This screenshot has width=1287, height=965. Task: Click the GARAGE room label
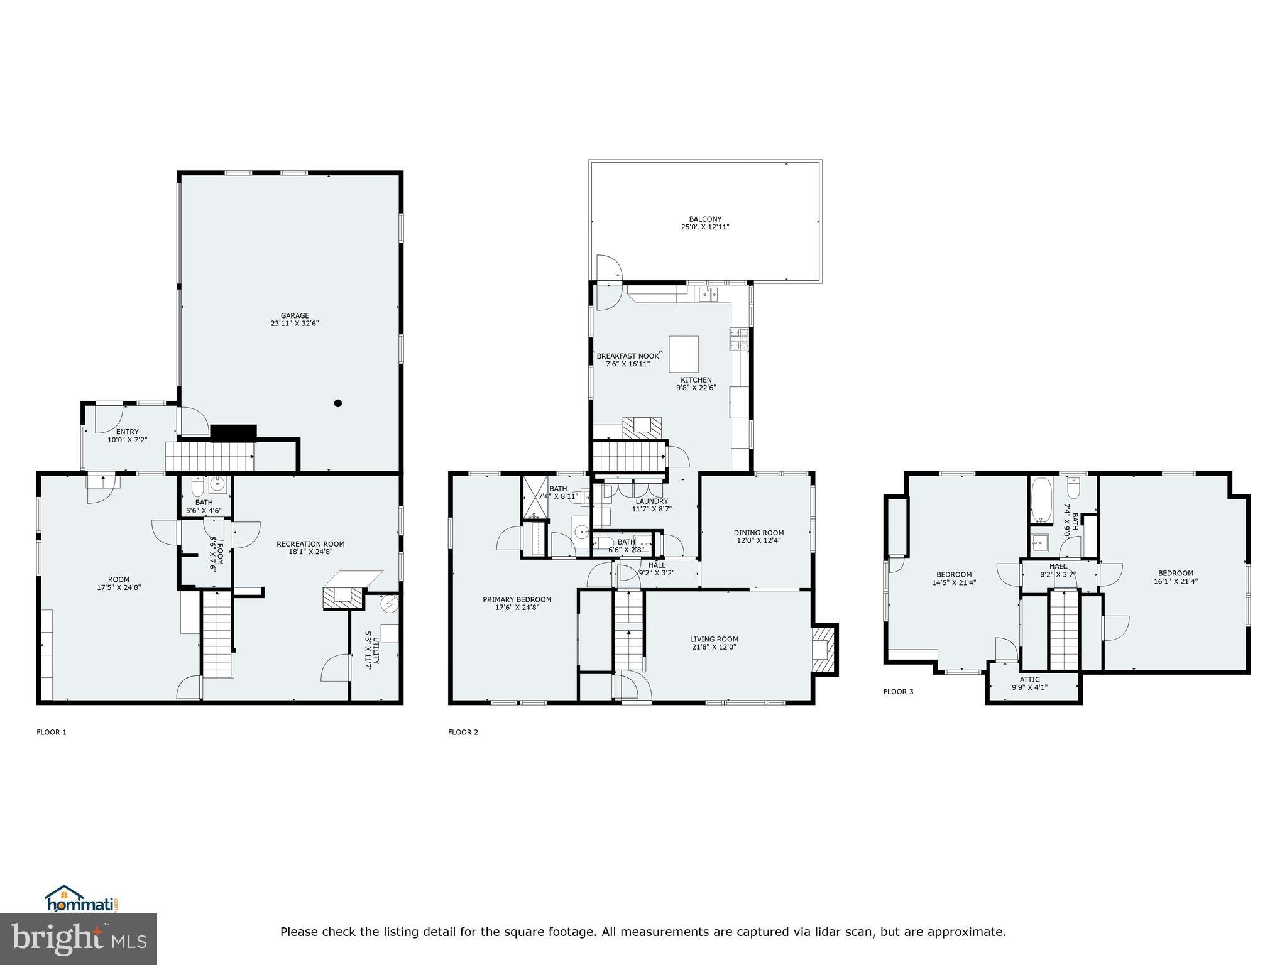coord(295,316)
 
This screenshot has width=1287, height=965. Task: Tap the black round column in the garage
coord(338,403)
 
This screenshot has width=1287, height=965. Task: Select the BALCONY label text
coord(705,219)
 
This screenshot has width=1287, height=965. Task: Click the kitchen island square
coord(684,354)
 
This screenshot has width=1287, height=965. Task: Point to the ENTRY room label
coord(127,432)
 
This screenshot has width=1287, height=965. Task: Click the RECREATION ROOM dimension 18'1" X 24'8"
coord(310,552)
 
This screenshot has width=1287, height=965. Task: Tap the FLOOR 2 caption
coord(463,732)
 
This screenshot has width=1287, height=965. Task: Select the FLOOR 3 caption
coord(898,692)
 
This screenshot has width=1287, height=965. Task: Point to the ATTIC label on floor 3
coord(1029,679)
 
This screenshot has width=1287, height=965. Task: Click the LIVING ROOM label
coord(714,639)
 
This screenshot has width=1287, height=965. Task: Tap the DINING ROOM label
coord(759,533)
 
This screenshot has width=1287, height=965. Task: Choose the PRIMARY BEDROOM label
coord(517,599)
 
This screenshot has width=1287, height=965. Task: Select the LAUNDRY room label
coord(652,501)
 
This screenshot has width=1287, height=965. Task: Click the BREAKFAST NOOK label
coord(627,356)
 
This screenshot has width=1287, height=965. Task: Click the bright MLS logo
coord(79,939)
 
